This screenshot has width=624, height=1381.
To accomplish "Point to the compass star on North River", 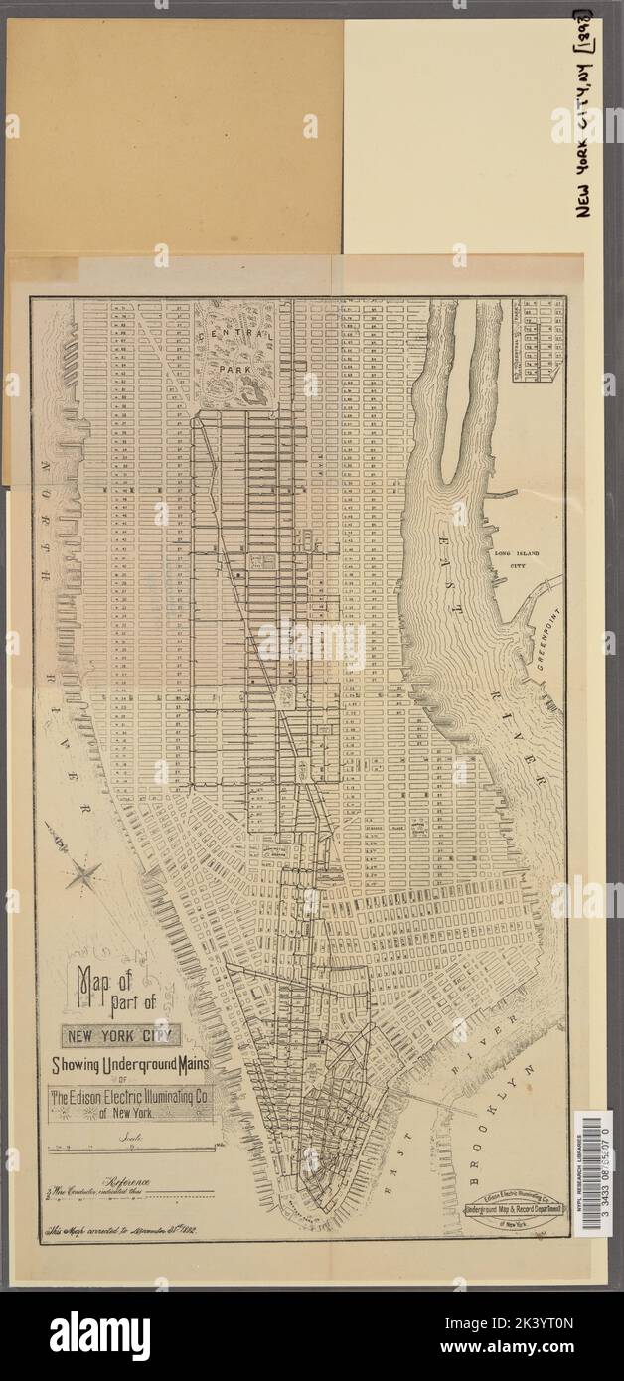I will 84,875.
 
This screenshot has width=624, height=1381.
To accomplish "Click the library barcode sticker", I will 594,1173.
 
